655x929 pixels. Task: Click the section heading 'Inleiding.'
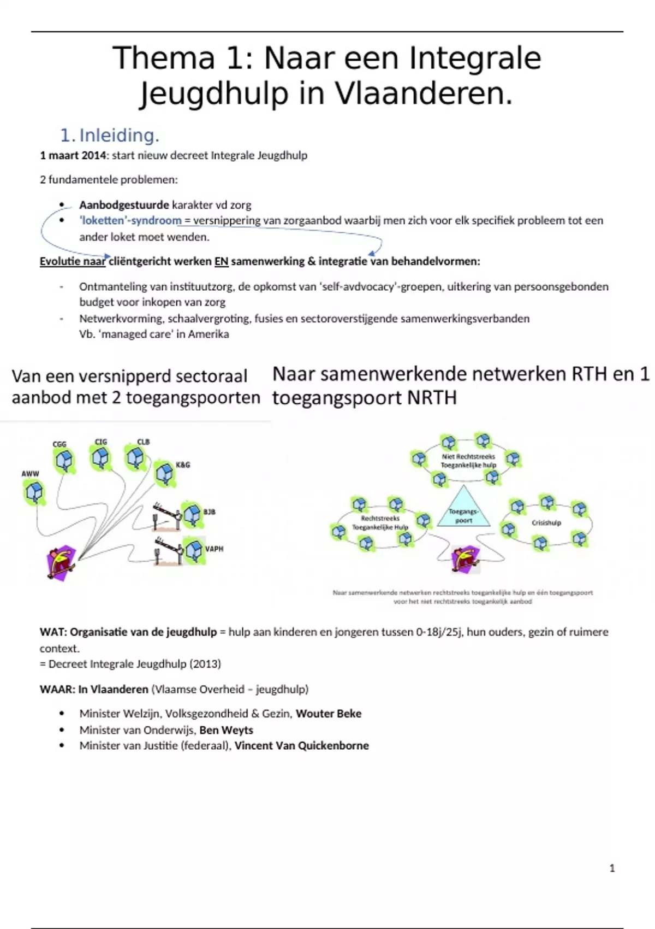tap(119, 135)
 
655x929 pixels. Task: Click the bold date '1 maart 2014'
tap(73, 155)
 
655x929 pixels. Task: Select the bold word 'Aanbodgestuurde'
tap(124, 205)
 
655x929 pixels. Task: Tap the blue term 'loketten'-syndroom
tap(130, 220)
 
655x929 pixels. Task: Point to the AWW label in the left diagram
tap(30, 474)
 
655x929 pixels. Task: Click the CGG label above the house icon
tap(59, 444)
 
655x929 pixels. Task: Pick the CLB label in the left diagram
tap(143, 442)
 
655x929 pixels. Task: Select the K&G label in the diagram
tap(183, 465)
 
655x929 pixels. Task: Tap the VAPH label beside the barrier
tap(214, 549)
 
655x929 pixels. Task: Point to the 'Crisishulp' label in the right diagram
tap(546, 522)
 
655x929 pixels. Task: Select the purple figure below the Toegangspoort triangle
tap(466, 559)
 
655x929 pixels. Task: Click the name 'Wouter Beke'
tap(329, 713)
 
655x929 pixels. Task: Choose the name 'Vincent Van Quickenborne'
tap(301, 745)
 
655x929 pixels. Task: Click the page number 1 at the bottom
tap(612, 868)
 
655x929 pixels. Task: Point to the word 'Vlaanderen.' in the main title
tap(424, 93)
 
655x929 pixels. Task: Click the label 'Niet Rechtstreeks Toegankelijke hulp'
tap(468, 461)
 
